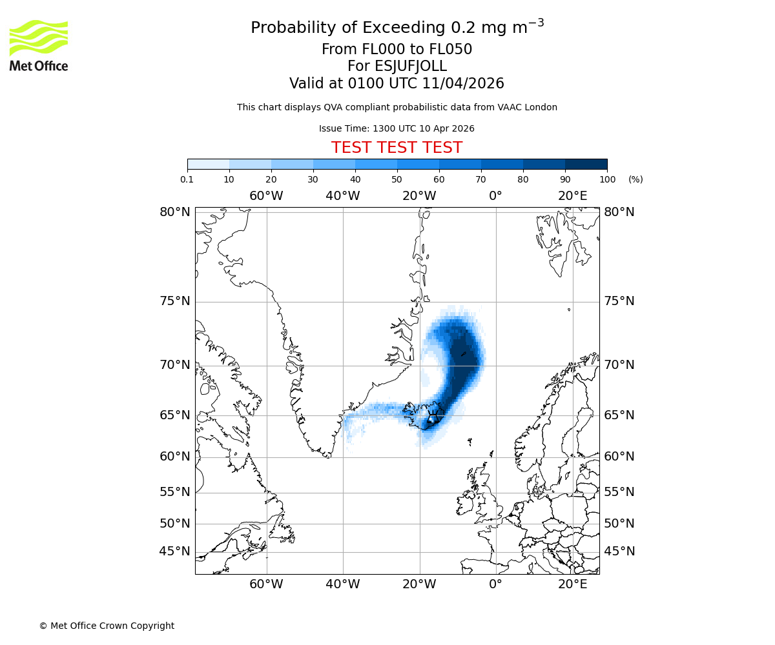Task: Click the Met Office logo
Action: tap(39, 45)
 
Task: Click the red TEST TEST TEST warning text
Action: tap(397, 148)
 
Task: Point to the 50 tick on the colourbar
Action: tap(397, 179)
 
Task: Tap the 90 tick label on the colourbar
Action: tap(565, 179)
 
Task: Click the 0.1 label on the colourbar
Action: tap(187, 179)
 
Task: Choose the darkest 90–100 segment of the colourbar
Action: tap(586, 164)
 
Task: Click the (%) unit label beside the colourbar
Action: tap(635, 179)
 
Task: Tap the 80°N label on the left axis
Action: tap(175, 212)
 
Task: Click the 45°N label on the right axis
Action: tap(619, 551)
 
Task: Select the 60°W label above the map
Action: tap(266, 196)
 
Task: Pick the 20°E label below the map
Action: tap(573, 584)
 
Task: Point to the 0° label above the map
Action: tap(495, 196)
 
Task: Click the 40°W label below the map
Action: tap(342, 584)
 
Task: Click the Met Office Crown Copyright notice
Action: tap(107, 626)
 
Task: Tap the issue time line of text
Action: tap(397, 128)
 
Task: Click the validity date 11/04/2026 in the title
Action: tap(463, 84)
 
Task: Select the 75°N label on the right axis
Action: tap(619, 301)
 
